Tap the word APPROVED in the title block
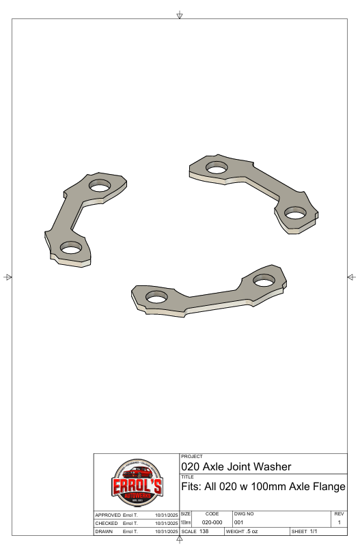107,513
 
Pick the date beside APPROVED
167,513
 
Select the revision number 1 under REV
340,522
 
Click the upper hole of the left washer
100,184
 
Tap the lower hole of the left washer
70,248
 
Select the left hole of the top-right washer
217,167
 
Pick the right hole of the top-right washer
295,212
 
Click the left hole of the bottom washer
156,297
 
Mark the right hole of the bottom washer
263,279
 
